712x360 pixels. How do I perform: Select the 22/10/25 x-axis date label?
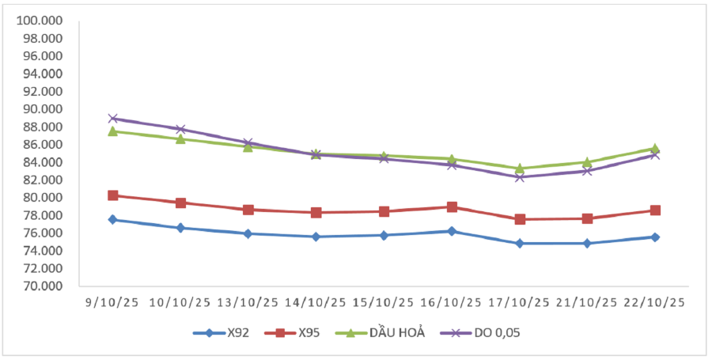tap(655, 302)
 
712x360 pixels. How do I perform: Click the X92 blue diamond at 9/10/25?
tap(113, 219)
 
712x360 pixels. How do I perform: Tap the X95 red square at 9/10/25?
tap(113, 195)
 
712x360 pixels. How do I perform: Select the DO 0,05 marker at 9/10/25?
tap(113, 119)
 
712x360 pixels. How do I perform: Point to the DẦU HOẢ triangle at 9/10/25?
tap(113, 131)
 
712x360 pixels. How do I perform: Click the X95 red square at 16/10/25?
tap(452, 207)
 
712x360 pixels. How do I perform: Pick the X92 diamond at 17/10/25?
tap(520, 243)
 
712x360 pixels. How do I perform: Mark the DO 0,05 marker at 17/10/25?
tap(520, 176)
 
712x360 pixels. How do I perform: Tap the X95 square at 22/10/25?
tap(655, 210)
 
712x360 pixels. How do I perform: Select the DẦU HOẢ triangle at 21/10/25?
tap(587, 162)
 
